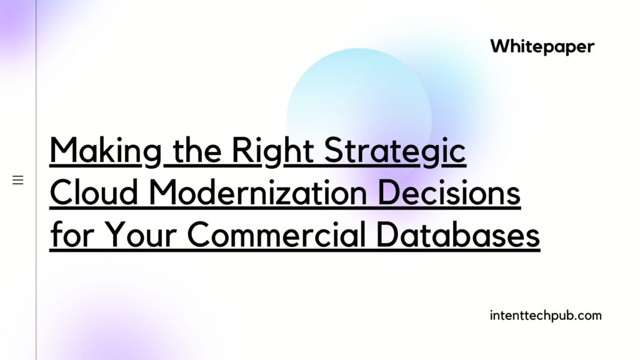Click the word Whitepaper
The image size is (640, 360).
(x=542, y=46)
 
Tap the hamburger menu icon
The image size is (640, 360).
(x=18, y=180)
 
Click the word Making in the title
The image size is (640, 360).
(x=106, y=151)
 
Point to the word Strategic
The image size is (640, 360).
(x=395, y=151)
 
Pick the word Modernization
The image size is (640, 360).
(x=258, y=192)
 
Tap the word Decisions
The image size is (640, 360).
(x=449, y=192)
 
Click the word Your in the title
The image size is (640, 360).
(x=140, y=234)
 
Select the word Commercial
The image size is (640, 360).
(x=276, y=234)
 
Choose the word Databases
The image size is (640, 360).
(x=458, y=234)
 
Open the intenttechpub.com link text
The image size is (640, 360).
(x=546, y=316)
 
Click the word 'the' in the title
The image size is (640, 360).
(x=197, y=151)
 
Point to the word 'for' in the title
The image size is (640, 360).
(x=72, y=234)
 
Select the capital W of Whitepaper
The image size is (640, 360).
(x=500, y=46)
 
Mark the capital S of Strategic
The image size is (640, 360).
(x=333, y=150)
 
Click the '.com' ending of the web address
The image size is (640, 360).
(x=589, y=316)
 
